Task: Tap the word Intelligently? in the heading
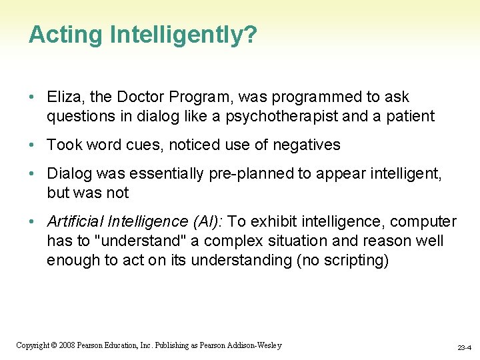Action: coord(183,35)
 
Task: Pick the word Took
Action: coord(63,145)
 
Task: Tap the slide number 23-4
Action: coord(465,347)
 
